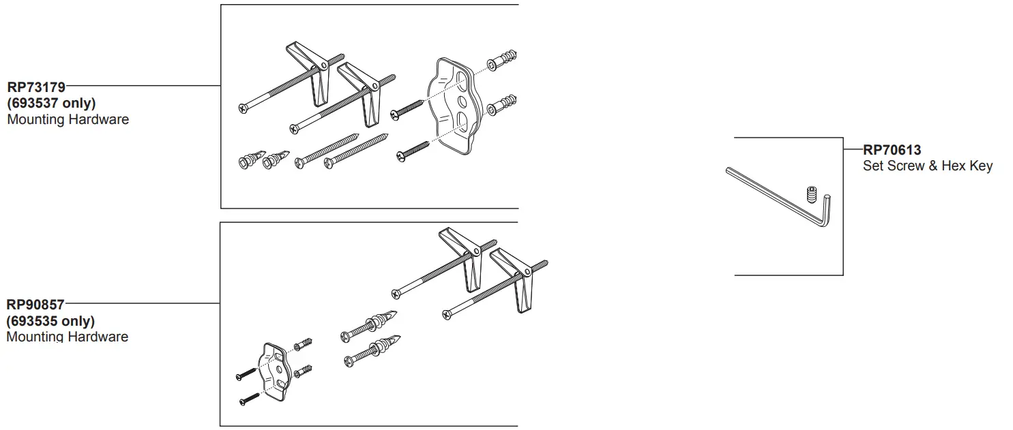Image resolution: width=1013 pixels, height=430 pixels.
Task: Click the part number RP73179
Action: [x=36, y=87]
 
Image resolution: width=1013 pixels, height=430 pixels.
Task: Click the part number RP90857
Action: [x=35, y=305]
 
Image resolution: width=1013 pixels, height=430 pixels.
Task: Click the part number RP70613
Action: [x=892, y=151]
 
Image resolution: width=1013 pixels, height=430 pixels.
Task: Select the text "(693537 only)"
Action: [x=50, y=104]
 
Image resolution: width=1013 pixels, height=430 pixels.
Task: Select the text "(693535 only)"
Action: [x=50, y=321]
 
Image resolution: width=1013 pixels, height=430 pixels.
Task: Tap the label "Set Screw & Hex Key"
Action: [x=927, y=166]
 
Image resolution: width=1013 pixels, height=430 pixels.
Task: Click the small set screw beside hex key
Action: [x=812, y=194]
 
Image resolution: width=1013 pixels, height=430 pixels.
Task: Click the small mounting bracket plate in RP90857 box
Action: [x=275, y=368]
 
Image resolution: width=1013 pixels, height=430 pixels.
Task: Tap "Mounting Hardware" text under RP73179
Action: [x=68, y=120]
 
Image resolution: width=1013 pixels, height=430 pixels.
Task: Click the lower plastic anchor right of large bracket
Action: [x=502, y=105]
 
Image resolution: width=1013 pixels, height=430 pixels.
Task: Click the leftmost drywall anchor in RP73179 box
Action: [x=248, y=162]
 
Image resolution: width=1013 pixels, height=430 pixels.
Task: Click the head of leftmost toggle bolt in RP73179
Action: [x=243, y=108]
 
